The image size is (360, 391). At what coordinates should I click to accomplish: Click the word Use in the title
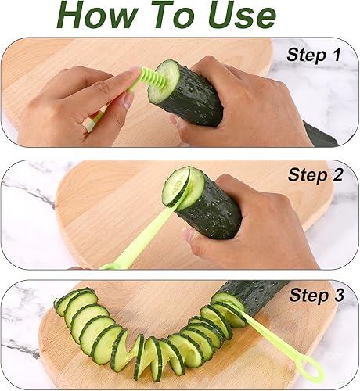[x=242, y=16]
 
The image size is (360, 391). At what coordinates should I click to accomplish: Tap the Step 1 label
[x=314, y=55]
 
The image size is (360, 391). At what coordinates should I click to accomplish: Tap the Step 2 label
[x=315, y=174]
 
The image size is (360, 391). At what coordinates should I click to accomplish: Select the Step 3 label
[x=316, y=295]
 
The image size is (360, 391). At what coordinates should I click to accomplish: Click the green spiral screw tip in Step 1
[x=151, y=78]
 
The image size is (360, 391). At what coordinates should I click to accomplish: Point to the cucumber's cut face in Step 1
[x=164, y=81]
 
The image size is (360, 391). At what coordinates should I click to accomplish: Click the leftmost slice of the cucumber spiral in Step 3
[x=62, y=303]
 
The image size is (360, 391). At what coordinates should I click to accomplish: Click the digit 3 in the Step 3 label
[x=339, y=295]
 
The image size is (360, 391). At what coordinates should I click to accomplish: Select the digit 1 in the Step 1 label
[x=337, y=55]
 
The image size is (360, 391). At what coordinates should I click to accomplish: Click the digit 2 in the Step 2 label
[x=337, y=174]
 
